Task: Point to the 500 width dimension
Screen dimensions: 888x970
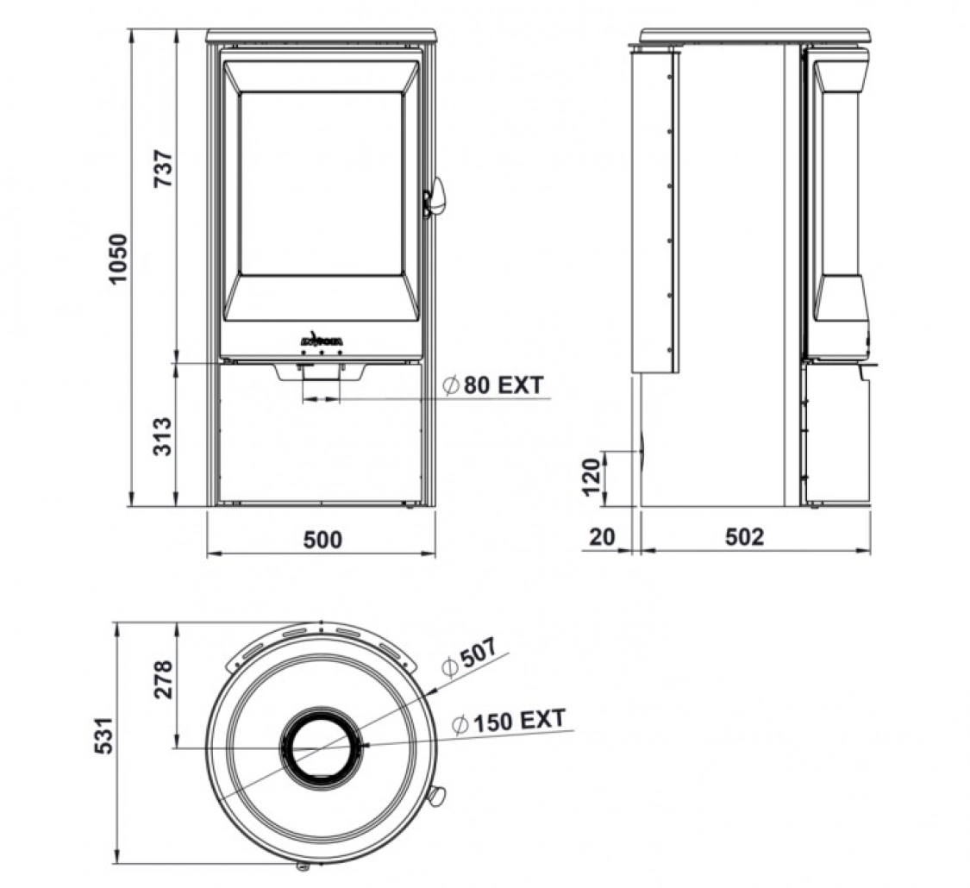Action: click(x=322, y=540)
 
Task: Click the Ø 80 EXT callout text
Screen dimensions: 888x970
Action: click(x=494, y=385)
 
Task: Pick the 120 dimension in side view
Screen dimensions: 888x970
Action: click(x=590, y=477)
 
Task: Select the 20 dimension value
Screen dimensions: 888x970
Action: click(x=604, y=537)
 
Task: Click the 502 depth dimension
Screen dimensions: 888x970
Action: click(x=744, y=537)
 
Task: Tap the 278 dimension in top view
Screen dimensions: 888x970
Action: click(x=164, y=679)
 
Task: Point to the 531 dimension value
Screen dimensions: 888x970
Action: click(x=103, y=735)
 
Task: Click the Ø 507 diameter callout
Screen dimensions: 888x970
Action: click(x=469, y=660)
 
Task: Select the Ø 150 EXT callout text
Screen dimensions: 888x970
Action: click(x=509, y=721)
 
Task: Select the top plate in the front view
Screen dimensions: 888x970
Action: click(x=322, y=36)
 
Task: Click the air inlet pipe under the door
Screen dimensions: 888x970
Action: click(x=321, y=380)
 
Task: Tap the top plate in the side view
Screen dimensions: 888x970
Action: click(x=754, y=36)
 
